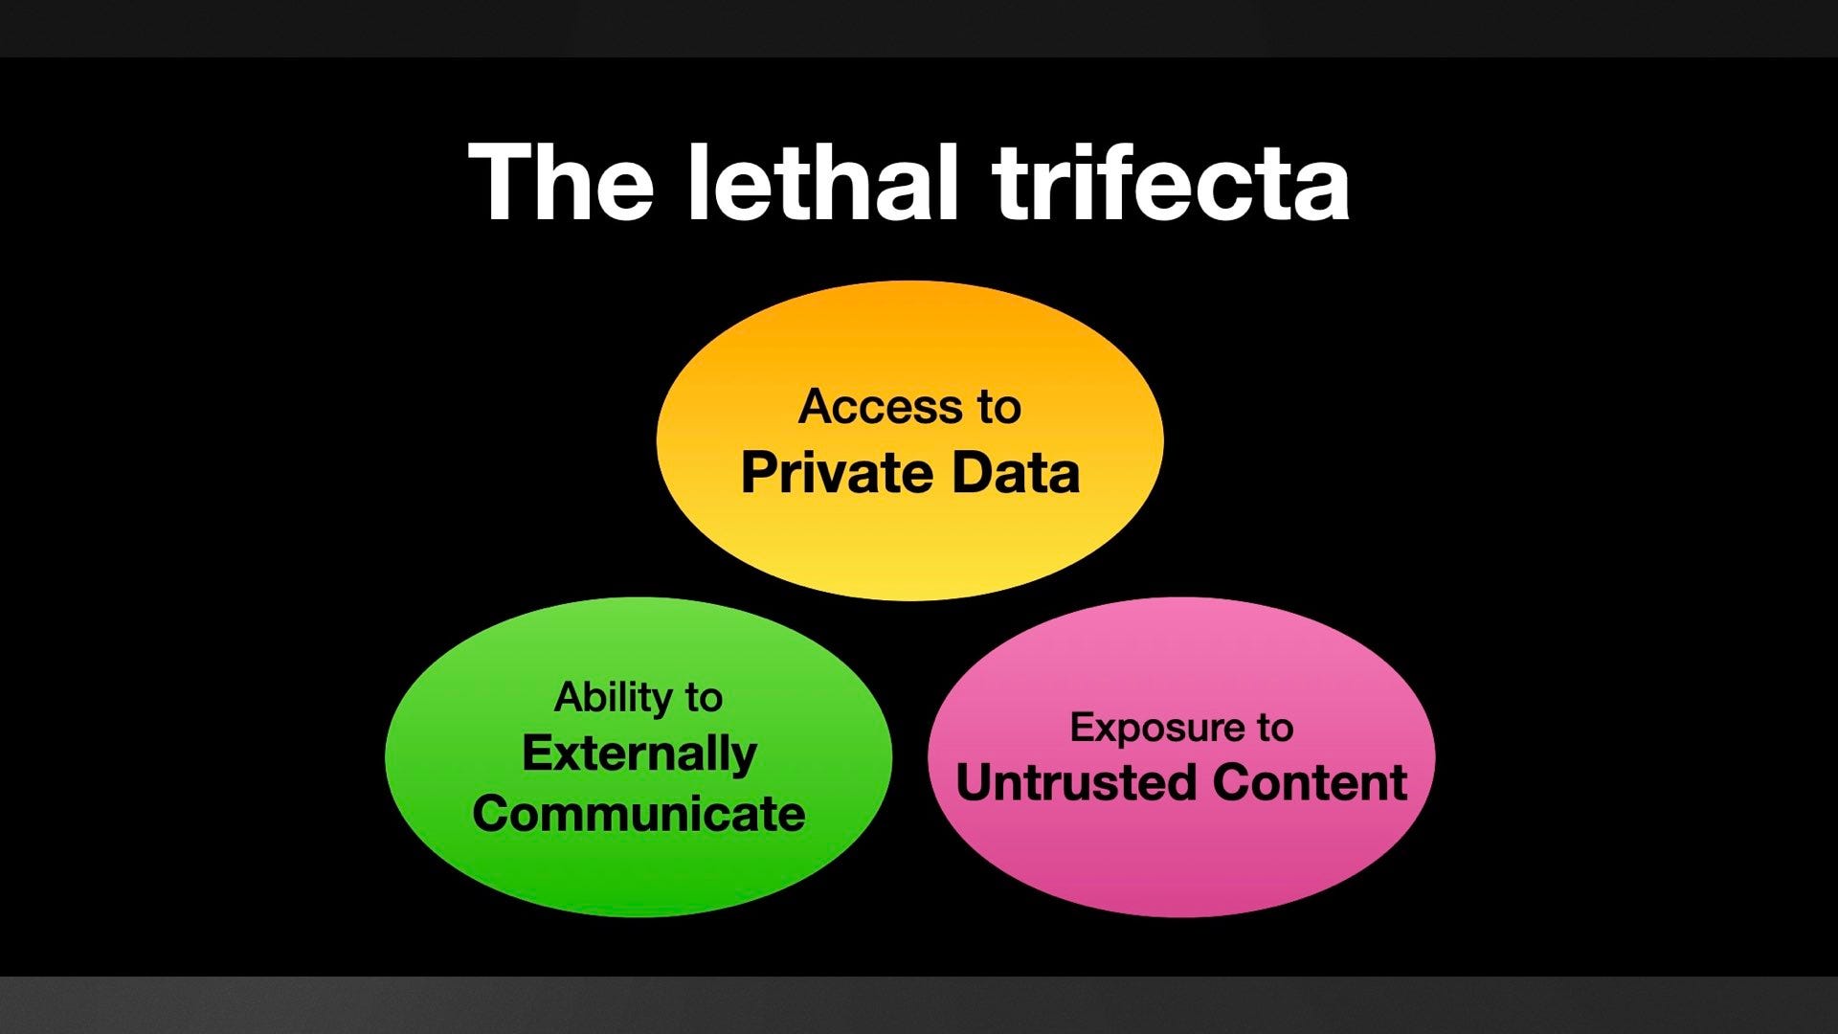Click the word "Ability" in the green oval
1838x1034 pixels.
pos(614,697)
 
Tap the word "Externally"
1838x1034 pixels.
pos(639,753)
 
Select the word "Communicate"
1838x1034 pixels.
pos(639,814)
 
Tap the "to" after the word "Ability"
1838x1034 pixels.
pos(704,698)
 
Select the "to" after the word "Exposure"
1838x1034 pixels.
pos(1275,729)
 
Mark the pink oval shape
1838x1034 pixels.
pos(1181,862)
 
